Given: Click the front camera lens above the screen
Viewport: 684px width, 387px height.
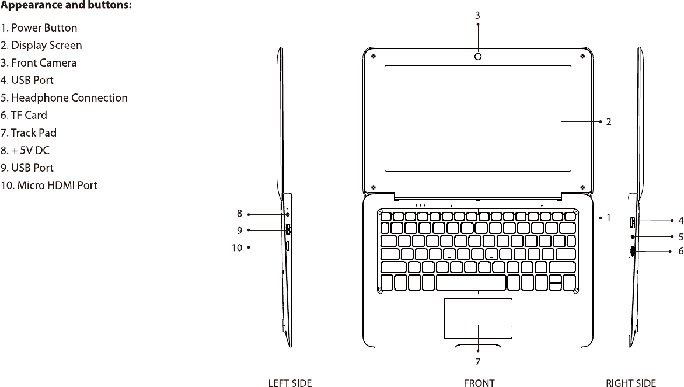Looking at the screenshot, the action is click(x=478, y=57).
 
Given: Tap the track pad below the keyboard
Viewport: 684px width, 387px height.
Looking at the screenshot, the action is click(x=478, y=318).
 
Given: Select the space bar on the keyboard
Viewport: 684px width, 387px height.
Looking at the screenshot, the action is click(x=471, y=283).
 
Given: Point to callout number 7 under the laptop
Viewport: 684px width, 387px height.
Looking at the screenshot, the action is click(x=478, y=362).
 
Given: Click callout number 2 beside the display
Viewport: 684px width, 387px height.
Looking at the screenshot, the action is click(x=609, y=123).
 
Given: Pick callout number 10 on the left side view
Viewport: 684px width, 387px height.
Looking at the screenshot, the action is click(x=236, y=247).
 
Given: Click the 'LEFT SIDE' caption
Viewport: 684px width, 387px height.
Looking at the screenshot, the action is click(x=289, y=383).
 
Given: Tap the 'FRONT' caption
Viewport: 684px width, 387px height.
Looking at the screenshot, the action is click(x=479, y=383).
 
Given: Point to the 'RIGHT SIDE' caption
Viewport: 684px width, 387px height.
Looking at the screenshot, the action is click(x=631, y=383).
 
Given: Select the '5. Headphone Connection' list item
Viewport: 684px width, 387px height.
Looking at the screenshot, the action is click(x=64, y=97).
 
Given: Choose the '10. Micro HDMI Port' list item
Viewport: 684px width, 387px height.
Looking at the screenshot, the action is click(x=49, y=186).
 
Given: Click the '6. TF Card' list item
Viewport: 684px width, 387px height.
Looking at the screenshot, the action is click(x=24, y=115).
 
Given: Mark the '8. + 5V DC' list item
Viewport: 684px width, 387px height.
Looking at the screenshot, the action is click(x=25, y=150).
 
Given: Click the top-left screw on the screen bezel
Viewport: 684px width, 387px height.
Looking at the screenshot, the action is click(x=373, y=57).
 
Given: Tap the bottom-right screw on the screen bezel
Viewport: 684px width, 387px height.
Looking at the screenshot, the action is click(x=583, y=187).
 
